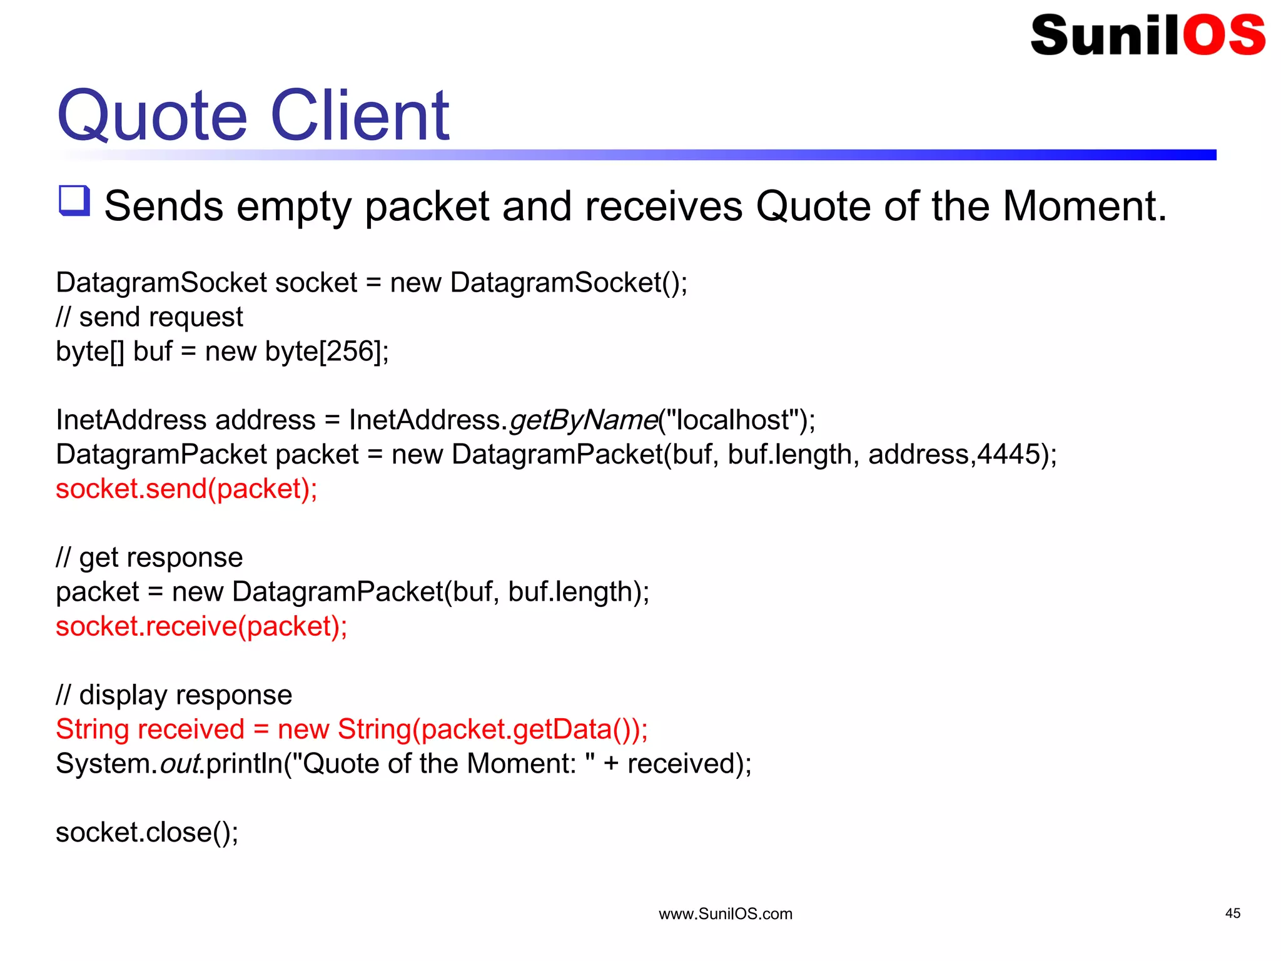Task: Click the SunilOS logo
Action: click(1147, 35)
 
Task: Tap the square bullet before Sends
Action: click(74, 201)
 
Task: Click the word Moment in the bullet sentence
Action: click(1084, 206)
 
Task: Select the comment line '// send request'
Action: click(149, 317)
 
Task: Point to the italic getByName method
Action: click(583, 420)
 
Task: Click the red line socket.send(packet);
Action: click(186, 489)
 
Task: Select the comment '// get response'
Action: click(149, 557)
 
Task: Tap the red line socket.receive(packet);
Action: click(201, 626)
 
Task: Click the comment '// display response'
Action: click(174, 695)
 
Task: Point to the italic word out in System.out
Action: click(180, 764)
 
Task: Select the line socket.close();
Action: click(147, 833)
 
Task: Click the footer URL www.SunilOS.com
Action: click(725, 914)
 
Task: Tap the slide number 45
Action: click(1232, 913)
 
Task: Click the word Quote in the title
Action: click(152, 116)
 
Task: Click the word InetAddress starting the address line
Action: click(131, 420)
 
